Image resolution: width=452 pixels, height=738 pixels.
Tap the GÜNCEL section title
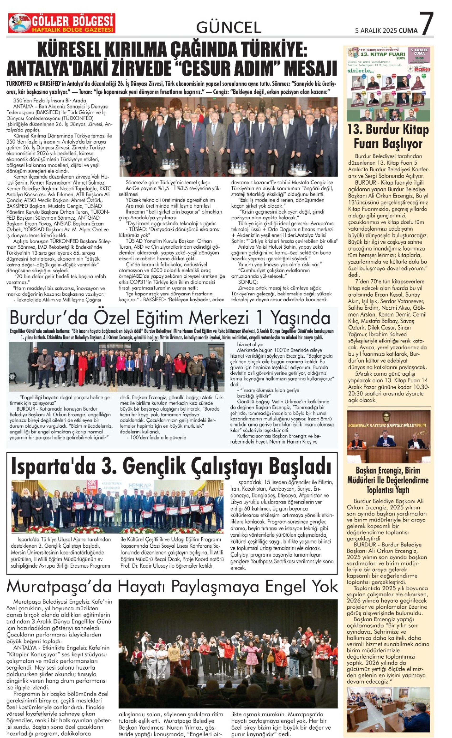[x=228, y=28]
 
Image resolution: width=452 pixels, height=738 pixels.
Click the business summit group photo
[x=228, y=137]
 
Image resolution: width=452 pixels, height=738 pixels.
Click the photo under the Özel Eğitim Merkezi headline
[x=117, y=367]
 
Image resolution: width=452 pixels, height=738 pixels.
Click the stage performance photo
[x=228, y=653]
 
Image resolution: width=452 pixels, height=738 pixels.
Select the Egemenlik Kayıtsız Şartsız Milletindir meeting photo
[x=388, y=436]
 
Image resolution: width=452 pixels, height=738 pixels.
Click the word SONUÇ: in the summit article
[x=248, y=282]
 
